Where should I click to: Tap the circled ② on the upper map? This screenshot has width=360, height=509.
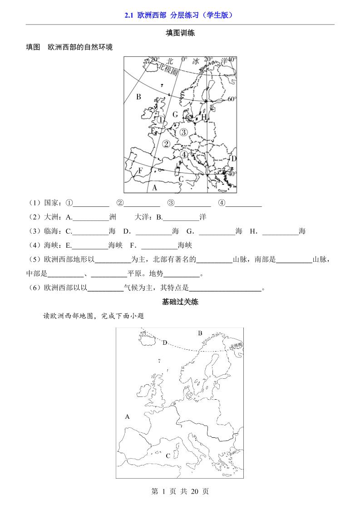pos(167,144)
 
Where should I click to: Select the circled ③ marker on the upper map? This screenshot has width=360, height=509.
pos(183,132)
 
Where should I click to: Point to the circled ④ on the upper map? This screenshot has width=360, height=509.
pos(184,155)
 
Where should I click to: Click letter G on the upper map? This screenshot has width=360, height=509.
pos(175,115)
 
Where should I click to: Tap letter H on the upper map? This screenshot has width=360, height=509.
pos(204,117)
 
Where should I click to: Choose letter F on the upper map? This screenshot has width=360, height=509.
pos(141,171)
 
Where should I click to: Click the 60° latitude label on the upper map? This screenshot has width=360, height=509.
pos(232,99)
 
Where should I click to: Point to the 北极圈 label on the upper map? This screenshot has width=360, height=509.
pos(167,69)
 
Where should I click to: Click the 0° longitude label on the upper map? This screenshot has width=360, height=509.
pos(184,59)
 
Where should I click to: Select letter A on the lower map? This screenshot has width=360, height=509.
pos(128,416)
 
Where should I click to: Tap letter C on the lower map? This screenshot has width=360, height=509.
pos(168,455)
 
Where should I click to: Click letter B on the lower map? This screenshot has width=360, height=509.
pos(200,333)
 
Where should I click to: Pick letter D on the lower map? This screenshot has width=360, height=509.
pos(165,343)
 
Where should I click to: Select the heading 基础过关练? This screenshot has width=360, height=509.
pos(180,302)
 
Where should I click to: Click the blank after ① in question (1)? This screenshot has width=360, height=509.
pos(91,204)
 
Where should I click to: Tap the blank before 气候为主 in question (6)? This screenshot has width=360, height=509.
pos(105,288)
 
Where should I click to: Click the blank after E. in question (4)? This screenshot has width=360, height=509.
pos(90,245)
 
